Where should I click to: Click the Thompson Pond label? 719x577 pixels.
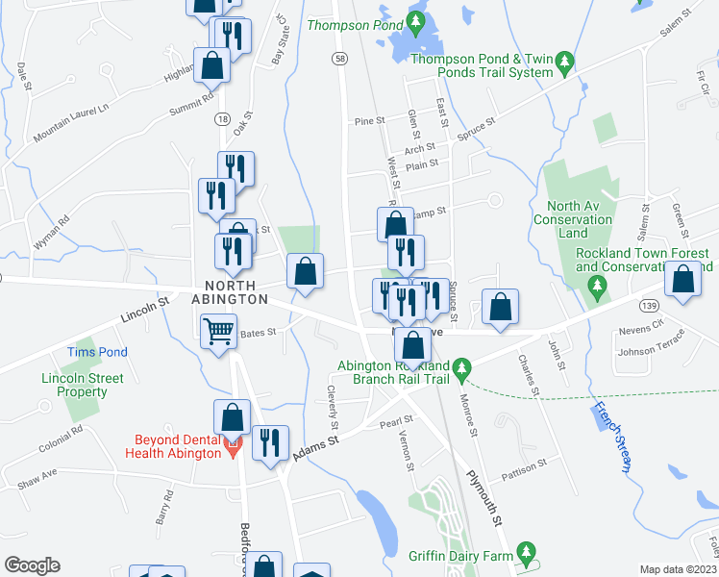345,26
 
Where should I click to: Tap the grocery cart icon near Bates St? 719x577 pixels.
219,333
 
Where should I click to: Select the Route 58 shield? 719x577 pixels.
341,59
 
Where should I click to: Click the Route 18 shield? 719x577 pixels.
222,118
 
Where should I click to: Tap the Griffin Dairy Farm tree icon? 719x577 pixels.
525,552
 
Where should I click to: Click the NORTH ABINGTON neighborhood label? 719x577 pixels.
230,292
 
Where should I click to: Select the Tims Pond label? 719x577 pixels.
96,353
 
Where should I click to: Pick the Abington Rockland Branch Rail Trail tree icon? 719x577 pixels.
462,368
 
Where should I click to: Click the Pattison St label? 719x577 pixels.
524,470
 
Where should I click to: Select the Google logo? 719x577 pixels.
32,565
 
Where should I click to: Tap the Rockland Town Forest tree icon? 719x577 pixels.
597,286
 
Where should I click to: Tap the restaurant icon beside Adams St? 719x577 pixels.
270,442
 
